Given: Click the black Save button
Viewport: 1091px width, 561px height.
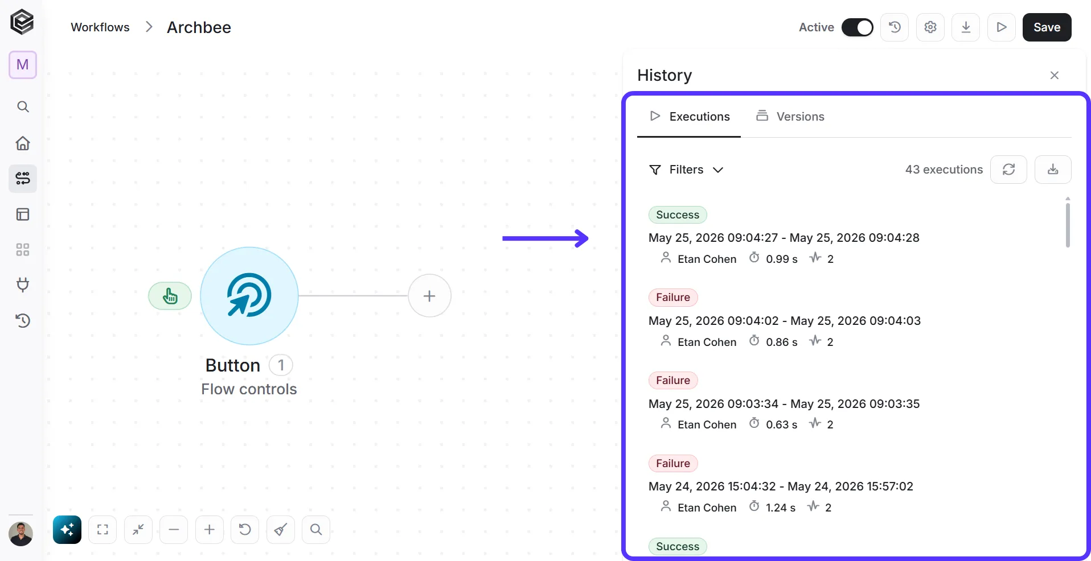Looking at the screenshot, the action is (1047, 27).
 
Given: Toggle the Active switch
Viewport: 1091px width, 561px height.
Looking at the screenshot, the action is (857, 27).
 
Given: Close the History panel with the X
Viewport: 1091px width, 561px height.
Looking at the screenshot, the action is (1054, 75).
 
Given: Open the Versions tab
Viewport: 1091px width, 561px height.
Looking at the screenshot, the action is (790, 116).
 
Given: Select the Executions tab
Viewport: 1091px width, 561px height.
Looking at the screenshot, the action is (689, 116).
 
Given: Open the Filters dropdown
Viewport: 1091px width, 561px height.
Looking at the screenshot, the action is (686, 170).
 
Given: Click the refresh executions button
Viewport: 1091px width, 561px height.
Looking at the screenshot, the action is (1008, 170).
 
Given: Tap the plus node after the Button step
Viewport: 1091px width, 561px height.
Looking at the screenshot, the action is (429, 296).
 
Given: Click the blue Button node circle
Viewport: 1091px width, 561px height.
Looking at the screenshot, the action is (249, 296).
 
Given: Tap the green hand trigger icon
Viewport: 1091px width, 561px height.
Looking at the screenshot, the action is (170, 296).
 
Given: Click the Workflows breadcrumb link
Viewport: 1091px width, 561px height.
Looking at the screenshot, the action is (100, 27).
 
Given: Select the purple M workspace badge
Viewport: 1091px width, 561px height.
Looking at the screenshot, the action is (23, 65).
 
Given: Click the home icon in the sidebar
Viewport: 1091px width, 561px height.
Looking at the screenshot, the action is (23, 143).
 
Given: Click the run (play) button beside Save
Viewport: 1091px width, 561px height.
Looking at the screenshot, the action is (1001, 27).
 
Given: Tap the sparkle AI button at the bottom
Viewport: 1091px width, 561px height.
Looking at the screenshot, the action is (67, 530).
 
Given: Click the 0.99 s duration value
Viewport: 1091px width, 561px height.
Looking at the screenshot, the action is (781, 259).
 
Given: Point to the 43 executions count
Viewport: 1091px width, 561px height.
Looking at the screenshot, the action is (944, 170).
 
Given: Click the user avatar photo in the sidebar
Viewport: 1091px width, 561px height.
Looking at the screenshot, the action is (21, 534).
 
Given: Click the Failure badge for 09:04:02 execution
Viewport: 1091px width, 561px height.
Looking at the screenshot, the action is (673, 298).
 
